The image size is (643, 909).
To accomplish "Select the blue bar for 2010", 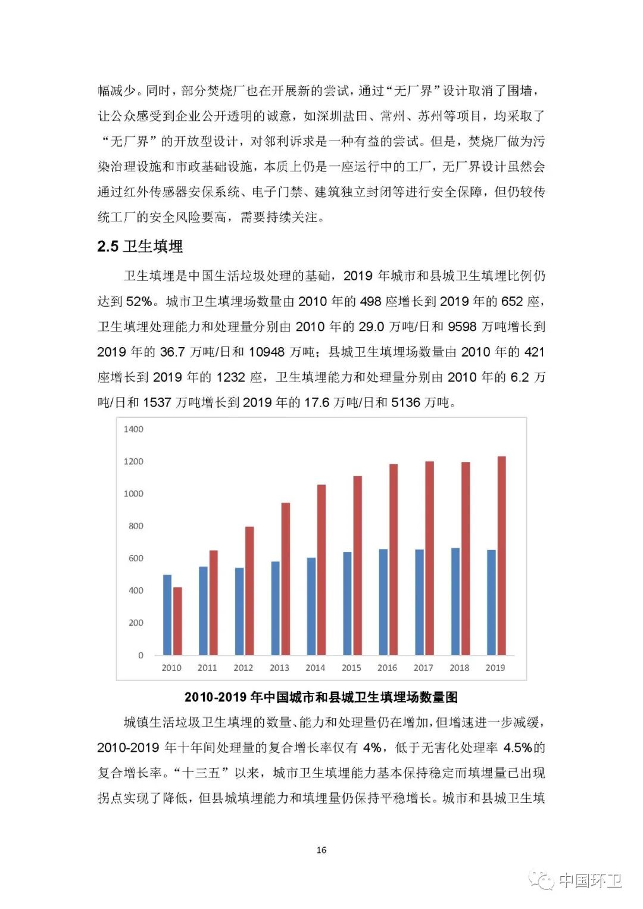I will click(x=167, y=615).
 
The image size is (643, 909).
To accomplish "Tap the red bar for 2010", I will click(x=177, y=621).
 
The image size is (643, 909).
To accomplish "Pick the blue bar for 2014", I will click(x=311, y=606).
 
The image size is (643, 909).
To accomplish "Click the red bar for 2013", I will click(x=286, y=579).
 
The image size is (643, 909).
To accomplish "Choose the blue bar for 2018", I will click(x=455, y=601).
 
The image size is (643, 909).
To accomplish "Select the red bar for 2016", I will click(x=394, y=559).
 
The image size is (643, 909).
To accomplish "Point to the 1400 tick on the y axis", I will click(x=133, y=429).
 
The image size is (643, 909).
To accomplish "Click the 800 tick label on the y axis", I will click(x=136, y=526).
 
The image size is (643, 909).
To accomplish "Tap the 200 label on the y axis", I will click(x=136, y=623).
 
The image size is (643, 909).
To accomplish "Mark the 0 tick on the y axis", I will click(x=141, y=655).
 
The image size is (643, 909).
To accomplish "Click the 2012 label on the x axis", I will click(x=243, y=668).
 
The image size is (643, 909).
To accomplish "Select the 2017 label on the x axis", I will click(x=423, y=668).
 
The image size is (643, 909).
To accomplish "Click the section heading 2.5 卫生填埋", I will click(x=140, y=246).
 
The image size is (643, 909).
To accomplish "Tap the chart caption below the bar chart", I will click(x=321, y=697).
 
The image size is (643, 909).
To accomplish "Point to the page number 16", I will click(x=321, y=850).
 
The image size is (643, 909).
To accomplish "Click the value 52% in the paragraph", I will click(x=139, y=302).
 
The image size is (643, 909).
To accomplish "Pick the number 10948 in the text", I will click(x=267, y=352).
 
